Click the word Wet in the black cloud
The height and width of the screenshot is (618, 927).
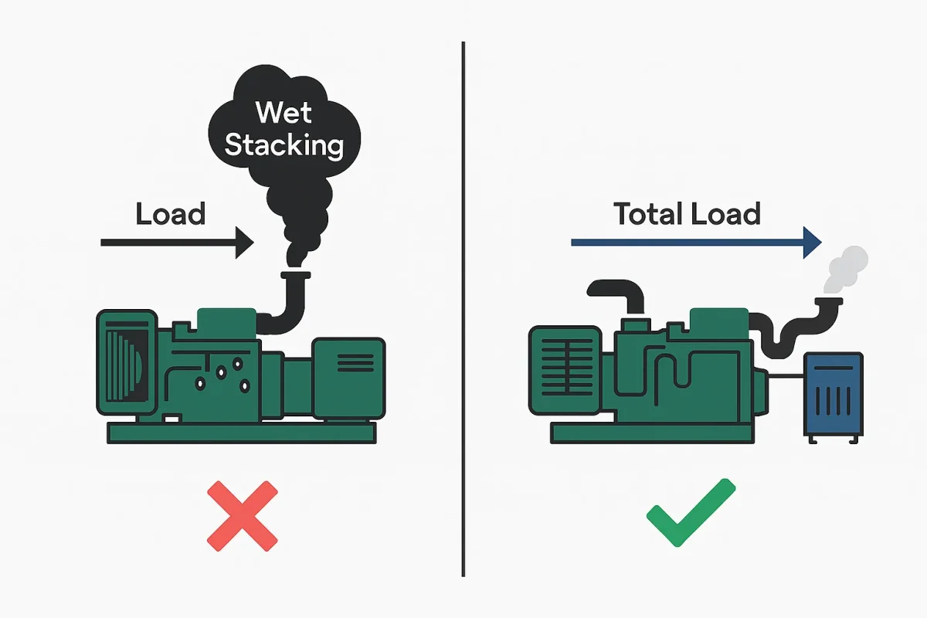[x=284, y=113]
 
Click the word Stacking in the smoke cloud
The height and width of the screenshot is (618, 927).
[x=284, y=144]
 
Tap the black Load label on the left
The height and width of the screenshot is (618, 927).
[x=171, y=213]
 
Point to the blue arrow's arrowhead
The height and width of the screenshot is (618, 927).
[x=811, y=243]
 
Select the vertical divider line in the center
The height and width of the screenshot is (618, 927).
[x=463, y=309]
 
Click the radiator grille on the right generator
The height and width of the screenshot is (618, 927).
[x=565, y=369]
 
